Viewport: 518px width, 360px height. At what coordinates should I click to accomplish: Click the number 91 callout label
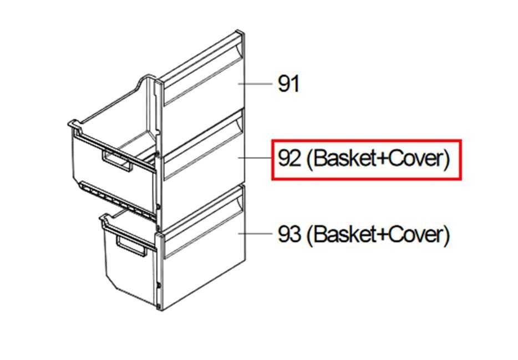[x=288, y=84]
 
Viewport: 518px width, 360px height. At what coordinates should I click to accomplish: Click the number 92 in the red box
[x=290, y=159]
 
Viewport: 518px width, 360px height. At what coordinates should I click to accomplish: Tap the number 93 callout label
[x=290, y=234]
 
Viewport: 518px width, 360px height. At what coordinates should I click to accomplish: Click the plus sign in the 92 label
[x=382, y=159]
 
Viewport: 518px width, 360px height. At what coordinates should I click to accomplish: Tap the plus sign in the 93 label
[x=382, y=235]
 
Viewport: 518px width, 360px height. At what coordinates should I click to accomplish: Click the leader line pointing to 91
[x=255, y=84]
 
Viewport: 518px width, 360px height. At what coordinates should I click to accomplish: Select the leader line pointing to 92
[x=255, y=158]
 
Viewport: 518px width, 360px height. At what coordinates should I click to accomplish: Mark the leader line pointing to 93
[x=255, y=234]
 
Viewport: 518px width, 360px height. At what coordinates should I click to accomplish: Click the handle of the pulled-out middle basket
[x=117, y=161]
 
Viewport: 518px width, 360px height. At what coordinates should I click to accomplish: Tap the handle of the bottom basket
[x=131, y=246]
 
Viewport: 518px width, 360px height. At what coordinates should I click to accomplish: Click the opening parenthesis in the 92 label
[x=309, y=159]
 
